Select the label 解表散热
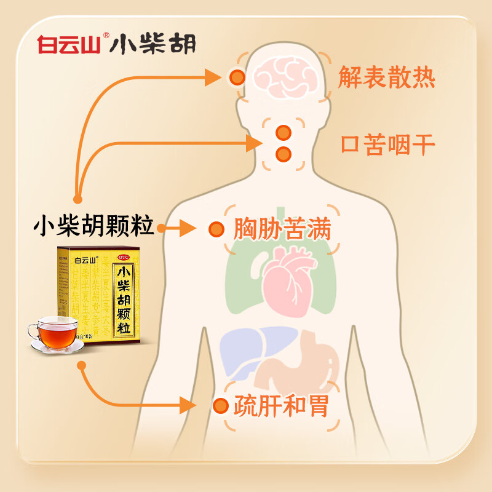387,78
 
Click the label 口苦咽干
388,146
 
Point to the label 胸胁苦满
282,230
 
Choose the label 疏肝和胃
280,406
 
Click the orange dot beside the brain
236,77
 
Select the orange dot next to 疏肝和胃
220,406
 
